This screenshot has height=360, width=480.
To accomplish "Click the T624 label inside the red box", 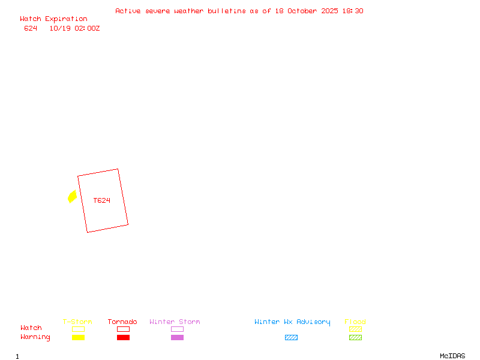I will click(x=102, y=200).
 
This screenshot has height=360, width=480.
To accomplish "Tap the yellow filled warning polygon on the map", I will click(x=72, y=196).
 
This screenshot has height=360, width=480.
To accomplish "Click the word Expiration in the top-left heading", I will click(x=66, y=19).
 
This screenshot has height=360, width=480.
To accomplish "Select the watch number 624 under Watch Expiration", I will click(x=31, y=28).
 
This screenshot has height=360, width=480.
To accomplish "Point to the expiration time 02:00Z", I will click(x=87, y=28).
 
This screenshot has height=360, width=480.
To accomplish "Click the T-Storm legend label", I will click(x=77, y=322).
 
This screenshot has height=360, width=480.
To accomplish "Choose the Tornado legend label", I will click(x=122, y=322).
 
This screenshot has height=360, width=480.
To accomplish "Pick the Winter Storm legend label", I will click(x=175, y=322).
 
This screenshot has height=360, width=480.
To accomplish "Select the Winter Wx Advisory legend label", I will click(x=292, y=322).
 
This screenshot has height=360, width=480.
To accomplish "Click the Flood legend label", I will click(x=355, y=322).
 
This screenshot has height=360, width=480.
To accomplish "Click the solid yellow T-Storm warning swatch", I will click(x=78, y=338).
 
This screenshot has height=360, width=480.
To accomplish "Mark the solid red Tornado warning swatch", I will click(x=123, y=338).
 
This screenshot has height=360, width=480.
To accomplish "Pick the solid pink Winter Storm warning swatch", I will click(x=177, y=338).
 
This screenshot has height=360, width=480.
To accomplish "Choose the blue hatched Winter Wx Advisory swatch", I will click(x=291, y=338).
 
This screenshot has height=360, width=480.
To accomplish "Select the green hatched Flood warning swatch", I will click(x=355, y=338).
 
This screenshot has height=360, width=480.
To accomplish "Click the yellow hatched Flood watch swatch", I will click(x=355, y=329).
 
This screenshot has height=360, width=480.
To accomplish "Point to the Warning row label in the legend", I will click(x=35, y=337).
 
